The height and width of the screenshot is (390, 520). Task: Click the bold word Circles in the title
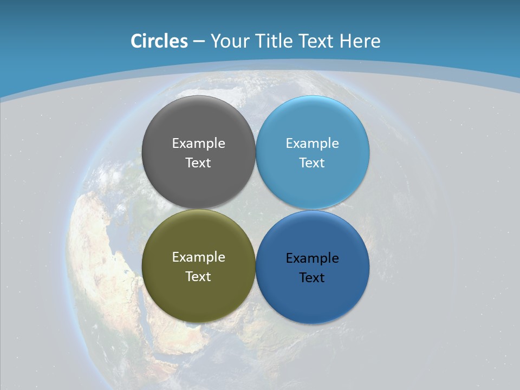pyautogui.click(x=159, y=41)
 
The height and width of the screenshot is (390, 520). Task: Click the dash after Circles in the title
pyautogui.click(x=199, y=42)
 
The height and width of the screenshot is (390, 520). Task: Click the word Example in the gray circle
pyautogui.click(x=198, y=144)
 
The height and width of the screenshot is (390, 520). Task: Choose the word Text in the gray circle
pyautogui.click(x=198, y=163)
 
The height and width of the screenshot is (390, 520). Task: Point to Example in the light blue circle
pyautogui.click(x=312, y=144)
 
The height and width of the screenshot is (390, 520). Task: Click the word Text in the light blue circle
pyautogui.click(x=312, y=163)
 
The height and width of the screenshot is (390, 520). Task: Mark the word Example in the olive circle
pyautogui.click(x=198, y=257)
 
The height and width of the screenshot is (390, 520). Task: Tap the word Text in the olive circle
pyautogui.click(x=198, y=277)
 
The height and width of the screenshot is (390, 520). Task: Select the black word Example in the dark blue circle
pyautogui.click(x=312, y=258)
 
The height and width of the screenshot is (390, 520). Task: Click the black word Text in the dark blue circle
pyautogui.click(x=312, y=278)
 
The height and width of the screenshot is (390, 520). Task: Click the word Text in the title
pyautogui.click(x=316, y=41)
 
